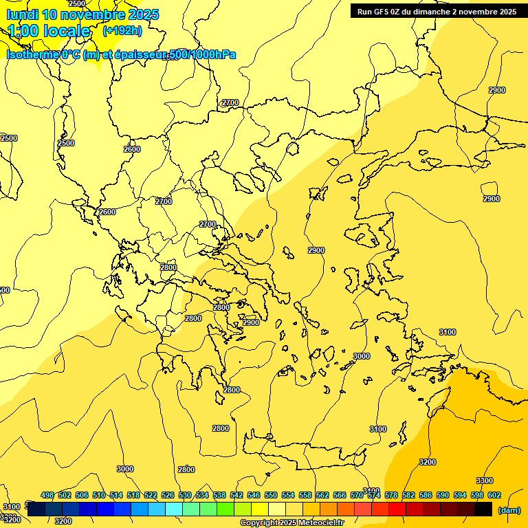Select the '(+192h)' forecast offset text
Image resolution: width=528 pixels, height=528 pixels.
click(122, 30)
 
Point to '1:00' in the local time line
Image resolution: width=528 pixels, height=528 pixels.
click(23, 31)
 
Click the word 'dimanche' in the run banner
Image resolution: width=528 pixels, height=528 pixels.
click(432, 12)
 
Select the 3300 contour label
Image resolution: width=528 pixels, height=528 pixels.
click(484, 481)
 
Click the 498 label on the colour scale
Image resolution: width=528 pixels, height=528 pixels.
click(47, 495)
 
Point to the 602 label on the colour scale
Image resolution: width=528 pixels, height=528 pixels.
click(494, 495)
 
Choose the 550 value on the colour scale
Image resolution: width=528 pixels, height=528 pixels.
click(271, 495)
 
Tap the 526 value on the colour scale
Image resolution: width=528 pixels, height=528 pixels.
click(168, 495)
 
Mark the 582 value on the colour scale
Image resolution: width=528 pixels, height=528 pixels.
click(408, 495)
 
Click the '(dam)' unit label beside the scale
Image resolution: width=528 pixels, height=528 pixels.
click(509, 509)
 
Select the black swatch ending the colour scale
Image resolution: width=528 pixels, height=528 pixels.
click(483, 509)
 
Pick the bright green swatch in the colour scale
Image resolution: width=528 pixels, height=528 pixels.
click(225, 509)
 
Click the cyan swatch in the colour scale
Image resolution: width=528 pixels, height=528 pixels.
click(174, 509)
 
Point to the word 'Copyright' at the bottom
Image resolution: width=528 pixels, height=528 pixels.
click(258, 523)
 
